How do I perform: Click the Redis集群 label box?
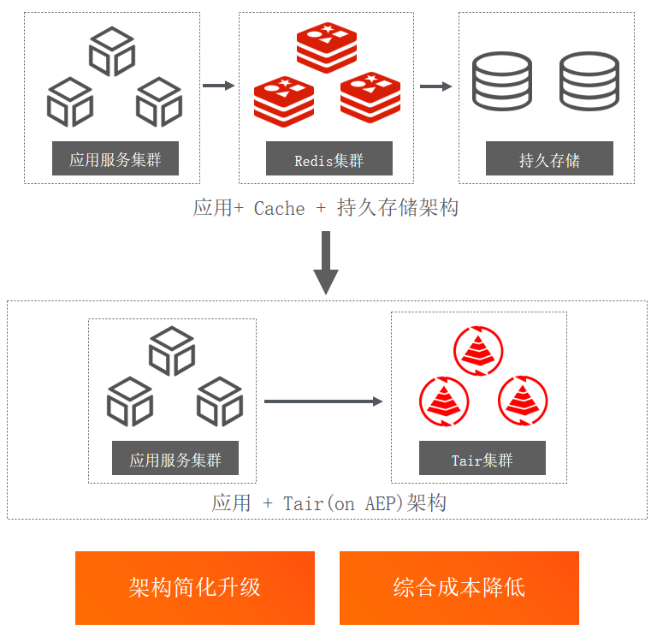(x=328, y=160)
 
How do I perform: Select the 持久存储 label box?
(x=549, y=160)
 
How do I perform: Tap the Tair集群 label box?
(x=482, y=459)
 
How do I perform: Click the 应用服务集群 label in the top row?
(x=115, y=159)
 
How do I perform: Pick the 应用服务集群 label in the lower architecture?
(x=175, y=459)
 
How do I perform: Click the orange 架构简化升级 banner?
(x=195, y=587)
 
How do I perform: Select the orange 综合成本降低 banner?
(x=459, y=587)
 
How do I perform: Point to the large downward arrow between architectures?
(x=326, y=261)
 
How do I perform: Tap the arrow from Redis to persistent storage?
(x=435, y=86)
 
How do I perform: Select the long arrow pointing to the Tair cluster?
(x=323, y=401)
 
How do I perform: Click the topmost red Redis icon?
(x=327, y=47)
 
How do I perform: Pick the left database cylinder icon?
(x=502, y=80)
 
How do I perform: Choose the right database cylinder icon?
(x=589, y=80)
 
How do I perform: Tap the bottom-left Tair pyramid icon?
(x=443, y=400)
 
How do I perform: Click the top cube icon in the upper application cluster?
(x=112, y=51)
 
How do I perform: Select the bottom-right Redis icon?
(x=370, y=97)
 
